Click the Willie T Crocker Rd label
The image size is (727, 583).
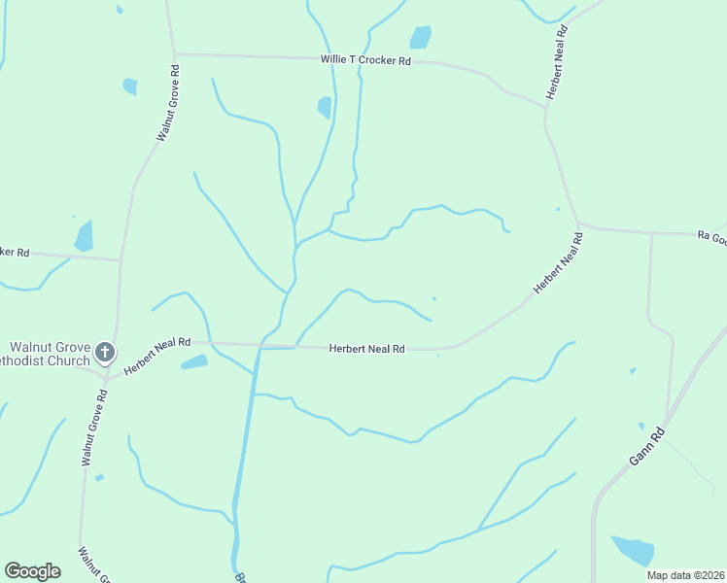click(x=366, y=60)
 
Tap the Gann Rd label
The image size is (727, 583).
click(x=645, y=446)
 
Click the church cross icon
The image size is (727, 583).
click(x=105, y=353)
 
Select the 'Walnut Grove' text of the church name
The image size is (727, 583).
click(x=51, y=347)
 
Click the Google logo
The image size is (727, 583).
click(x=32, y=571)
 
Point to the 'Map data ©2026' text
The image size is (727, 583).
click(x=684, y=575)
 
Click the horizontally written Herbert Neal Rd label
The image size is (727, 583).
click(x=366, y=348)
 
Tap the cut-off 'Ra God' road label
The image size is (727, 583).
click(x=711, y=237)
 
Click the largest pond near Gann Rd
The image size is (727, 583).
click(x=633, y=550)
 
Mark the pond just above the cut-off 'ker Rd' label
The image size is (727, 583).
click(x=85, y=236)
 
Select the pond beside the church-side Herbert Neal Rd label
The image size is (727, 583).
click(x=194, y=362)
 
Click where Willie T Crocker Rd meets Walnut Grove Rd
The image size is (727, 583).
click(x=173, y=54)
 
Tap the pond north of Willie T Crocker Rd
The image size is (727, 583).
click(x=420, y=37)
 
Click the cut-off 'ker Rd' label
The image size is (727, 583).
click(x=15, y=253)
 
